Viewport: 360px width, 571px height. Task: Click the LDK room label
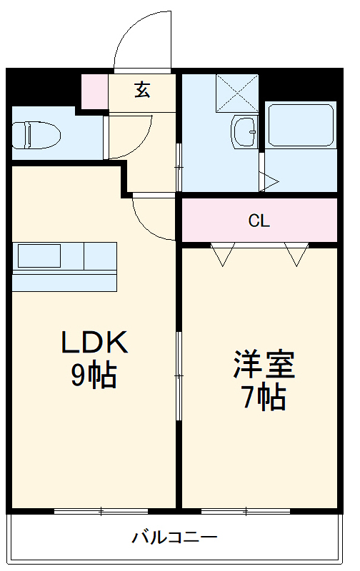[x=94, y=343]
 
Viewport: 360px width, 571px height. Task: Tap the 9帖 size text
[x=94, y=375]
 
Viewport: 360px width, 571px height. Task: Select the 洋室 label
[x=264, y=365]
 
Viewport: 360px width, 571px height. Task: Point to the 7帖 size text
[x=264, y=397]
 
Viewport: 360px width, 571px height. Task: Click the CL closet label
[x=259, y=221]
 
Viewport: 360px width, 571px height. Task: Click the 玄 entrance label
[x=142, y=91]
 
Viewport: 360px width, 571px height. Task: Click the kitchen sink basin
[x=40, y=256]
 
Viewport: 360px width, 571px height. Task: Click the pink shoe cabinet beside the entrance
[x=94, y=91]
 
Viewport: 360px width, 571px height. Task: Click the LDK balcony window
[x=101, y=511]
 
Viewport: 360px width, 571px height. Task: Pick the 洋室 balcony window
[x=246, y=511]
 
